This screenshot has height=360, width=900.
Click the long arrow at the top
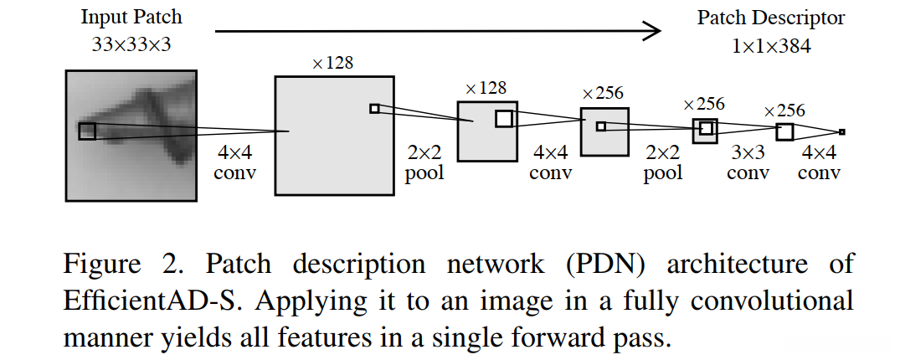point(435,32)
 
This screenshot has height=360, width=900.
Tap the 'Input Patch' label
point(131,18)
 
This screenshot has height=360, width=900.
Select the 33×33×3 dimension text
point(131,44)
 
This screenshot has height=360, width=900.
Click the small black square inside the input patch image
point(87,131)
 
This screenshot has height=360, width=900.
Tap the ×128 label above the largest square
point(332,64)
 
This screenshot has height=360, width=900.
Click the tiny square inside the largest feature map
point(374,108)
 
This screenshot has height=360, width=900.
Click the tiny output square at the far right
point(841,131)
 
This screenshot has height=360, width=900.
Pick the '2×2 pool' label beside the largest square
point(424,163)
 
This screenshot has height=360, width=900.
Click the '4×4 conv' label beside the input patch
point(235,163)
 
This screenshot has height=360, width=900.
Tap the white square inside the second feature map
point(503,119)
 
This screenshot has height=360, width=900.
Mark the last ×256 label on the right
point(784,111)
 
